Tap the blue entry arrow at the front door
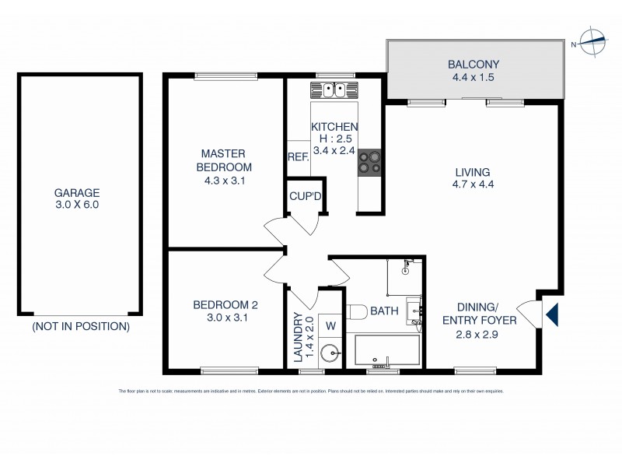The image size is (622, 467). pos(552,315)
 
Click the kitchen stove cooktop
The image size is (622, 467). pos(369,160)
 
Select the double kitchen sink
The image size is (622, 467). pos(334,90)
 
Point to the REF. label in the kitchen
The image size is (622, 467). pos(298,156)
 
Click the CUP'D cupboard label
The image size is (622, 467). pos(305,196)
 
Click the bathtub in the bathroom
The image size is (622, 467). pos(387,350)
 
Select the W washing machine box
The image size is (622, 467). pos(330,325)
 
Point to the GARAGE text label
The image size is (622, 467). pos(77,193)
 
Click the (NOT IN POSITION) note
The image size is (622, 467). pos(81,327)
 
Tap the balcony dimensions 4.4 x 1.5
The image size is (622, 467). pos(473,77)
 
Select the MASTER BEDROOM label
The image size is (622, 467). pos(225,160)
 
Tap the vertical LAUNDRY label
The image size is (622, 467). pos(298,338)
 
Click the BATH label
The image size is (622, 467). pos(385,311)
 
